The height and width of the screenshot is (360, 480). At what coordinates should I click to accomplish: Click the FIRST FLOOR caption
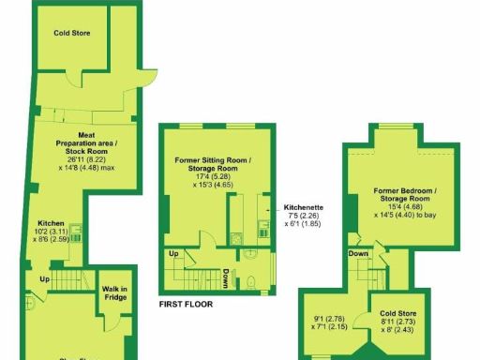click(x=187, y=304)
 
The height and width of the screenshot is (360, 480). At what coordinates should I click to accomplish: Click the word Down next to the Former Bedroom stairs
click(x=358, y=253)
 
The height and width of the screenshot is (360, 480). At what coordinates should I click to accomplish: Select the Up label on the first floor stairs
click(x=174, y=254)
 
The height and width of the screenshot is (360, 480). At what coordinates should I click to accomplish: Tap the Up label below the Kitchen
click(x=44, y=278)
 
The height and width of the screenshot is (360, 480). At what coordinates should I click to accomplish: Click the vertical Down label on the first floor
click(x=226, y=278)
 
